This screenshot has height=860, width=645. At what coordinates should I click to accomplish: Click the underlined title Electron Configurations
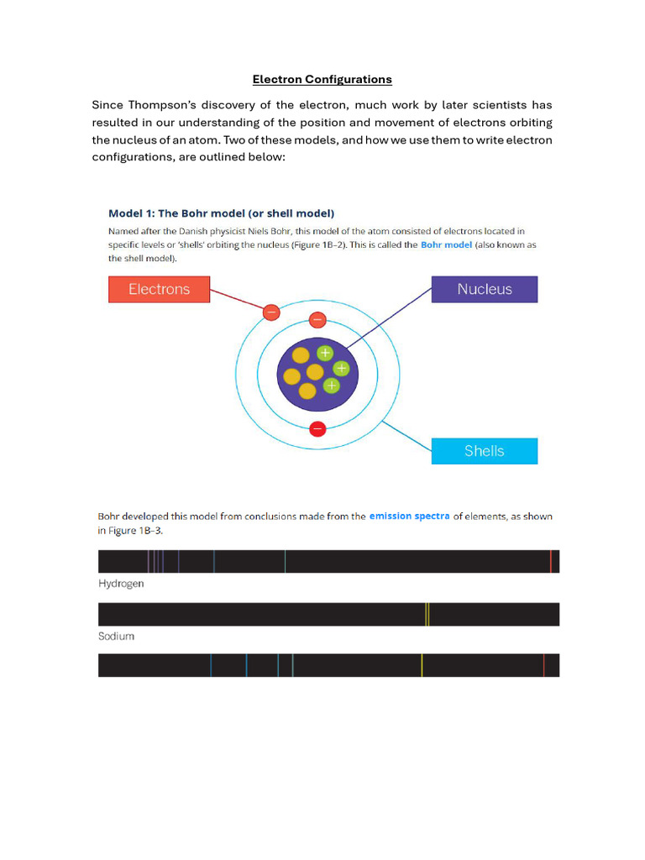click(x=322, y=80)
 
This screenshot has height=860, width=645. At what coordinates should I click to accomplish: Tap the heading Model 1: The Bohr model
click(x=222, y=213)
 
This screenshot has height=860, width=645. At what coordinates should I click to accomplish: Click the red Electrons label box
click(x=159, y=289)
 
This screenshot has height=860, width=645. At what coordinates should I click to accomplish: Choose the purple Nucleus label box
click(x=484, y=289)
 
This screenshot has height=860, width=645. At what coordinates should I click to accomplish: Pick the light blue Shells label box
click(x=484, y=451)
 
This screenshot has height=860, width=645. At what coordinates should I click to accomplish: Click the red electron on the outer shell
click(x=270, y=312)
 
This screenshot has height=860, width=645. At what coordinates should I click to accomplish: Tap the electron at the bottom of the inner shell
click(x=317, y=429)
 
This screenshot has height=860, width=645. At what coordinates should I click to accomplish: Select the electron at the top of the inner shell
click(x=317, y=320)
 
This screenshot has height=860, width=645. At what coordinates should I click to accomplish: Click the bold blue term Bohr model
click(x=446, y=245)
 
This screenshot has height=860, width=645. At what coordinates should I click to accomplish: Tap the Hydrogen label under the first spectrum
click(x=121, y=584)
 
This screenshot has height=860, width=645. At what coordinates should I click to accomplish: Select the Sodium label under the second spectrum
click(x=116, y=637)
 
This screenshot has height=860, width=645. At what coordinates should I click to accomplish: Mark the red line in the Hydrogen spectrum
click(x=551, y=561)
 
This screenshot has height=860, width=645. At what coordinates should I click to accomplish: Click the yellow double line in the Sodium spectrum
click(x=427, y=614)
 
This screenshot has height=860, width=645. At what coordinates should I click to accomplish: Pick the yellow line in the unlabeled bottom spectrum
click(x=422, y=665)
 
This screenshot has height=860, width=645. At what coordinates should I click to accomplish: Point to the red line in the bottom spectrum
click(x=544, y=665)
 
